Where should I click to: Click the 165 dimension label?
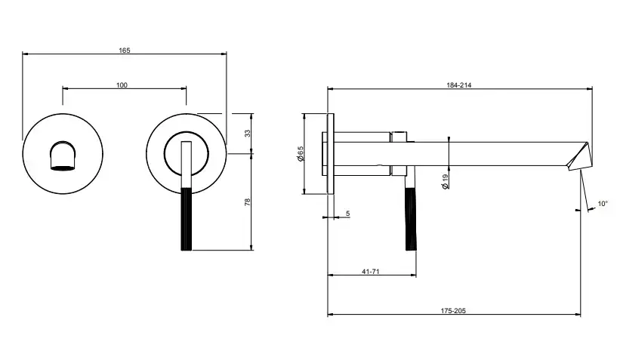click(125, 51)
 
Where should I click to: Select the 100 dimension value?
click(122, 85)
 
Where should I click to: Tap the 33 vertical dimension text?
click(247, 133)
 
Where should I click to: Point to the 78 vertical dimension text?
click(247, 202)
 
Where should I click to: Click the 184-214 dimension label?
click(459, 85)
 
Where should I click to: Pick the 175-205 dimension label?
click(453, 311)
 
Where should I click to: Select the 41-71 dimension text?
click(370, 272)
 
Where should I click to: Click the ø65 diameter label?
click(300, 154)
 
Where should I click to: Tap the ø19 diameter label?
click(446, 181)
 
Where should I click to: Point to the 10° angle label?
click(602, 204)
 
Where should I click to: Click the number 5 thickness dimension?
click(347, 214)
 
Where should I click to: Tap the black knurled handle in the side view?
click(411, 219)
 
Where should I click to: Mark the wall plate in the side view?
click(331, 154)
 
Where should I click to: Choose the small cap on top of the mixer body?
click(399, 136)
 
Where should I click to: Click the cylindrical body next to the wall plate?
click(362, 154)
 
